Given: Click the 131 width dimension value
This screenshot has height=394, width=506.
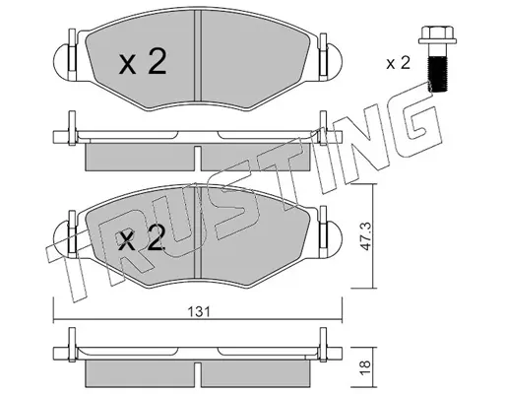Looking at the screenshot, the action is click(199, 311).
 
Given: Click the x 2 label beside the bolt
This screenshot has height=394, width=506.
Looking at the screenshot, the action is click(398, 63).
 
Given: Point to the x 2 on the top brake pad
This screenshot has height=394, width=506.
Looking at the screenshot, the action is click(143, 61).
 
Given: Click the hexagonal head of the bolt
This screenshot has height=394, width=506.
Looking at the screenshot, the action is click(437, 35).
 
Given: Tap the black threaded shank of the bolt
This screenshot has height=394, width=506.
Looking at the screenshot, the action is click(438, 73).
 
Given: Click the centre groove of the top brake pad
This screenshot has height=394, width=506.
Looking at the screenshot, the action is click(198, 55).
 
